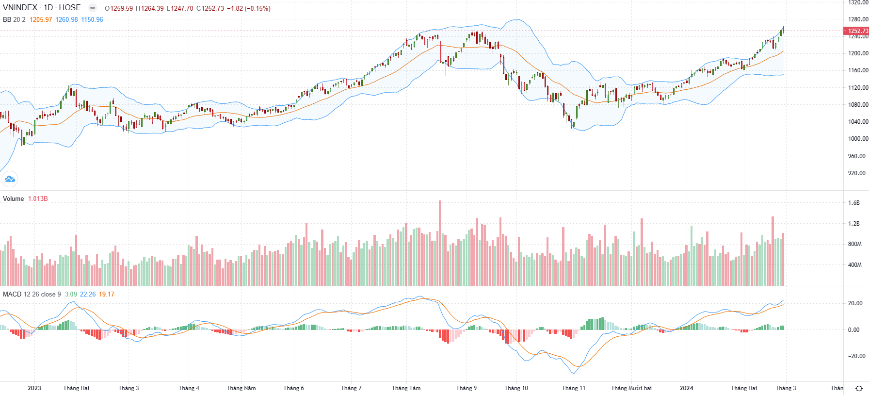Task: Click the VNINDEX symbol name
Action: click(20, 8)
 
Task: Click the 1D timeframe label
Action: click(48, 8)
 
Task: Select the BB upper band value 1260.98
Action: click(66, 20)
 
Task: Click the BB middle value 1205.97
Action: click(41, 20)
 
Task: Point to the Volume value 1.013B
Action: click(38, 199)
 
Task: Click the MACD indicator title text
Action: click(12, 295)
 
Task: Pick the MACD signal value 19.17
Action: click(107, 295)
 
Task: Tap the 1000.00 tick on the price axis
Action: click(858, 139)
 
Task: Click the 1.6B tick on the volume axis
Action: click(854, 203)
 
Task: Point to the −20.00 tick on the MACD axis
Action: click(855, 356)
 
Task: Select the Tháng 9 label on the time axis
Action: click(466, 388)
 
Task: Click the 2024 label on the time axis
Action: click(686, 388)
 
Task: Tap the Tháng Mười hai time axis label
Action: click(631, 388)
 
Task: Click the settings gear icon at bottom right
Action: click(859, 388)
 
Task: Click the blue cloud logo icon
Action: click(10, 180)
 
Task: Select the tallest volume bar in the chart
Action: click(440, 243)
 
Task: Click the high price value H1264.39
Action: click(150, 9)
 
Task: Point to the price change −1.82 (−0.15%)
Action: click(249, 9)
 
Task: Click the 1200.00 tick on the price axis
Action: click(858, 53)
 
